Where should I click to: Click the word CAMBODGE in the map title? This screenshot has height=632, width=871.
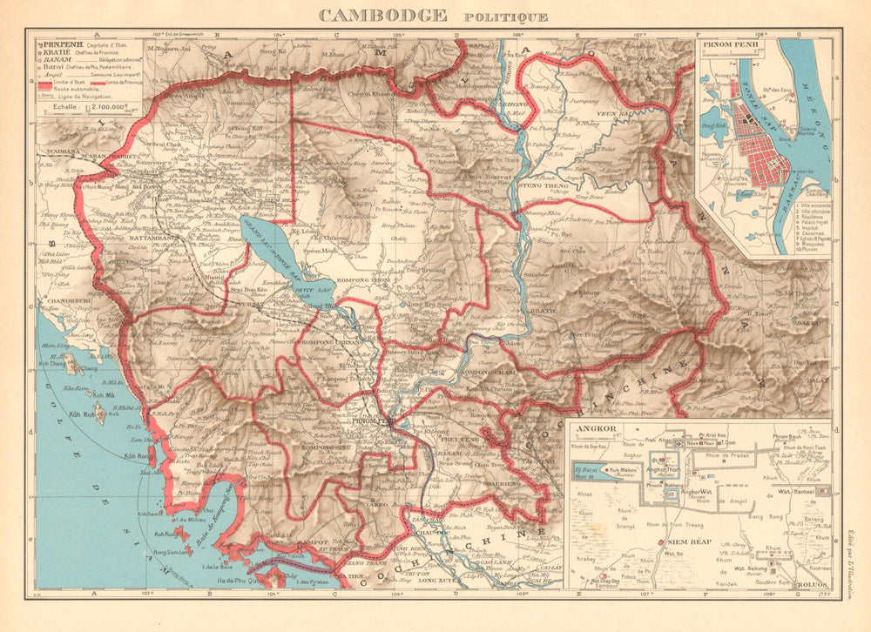(383, 15)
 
